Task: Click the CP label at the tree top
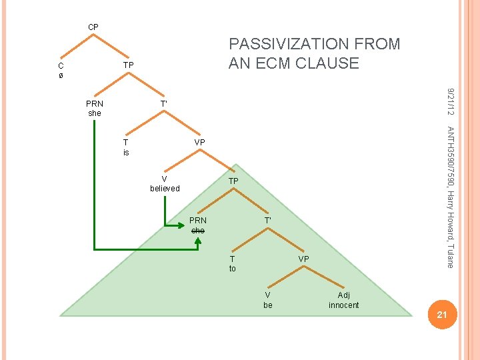[93, 27]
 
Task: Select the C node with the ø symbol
[61, 71]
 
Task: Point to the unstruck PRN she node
[95, 109]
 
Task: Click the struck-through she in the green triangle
[198, 230]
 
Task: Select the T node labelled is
[126, 147]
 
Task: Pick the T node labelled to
[232, 263]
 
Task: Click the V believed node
[165, 183]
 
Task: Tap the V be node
[268, 300]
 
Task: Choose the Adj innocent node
[343, 300]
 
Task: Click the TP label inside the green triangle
[233, 181]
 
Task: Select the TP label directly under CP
[129, 65]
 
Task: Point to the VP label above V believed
[199, 143]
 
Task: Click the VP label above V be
[303, 259]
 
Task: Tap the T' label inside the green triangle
[267, 220]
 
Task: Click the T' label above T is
[163, 104]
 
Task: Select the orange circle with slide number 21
[441, 314]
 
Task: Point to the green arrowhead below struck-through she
[197, 245]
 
